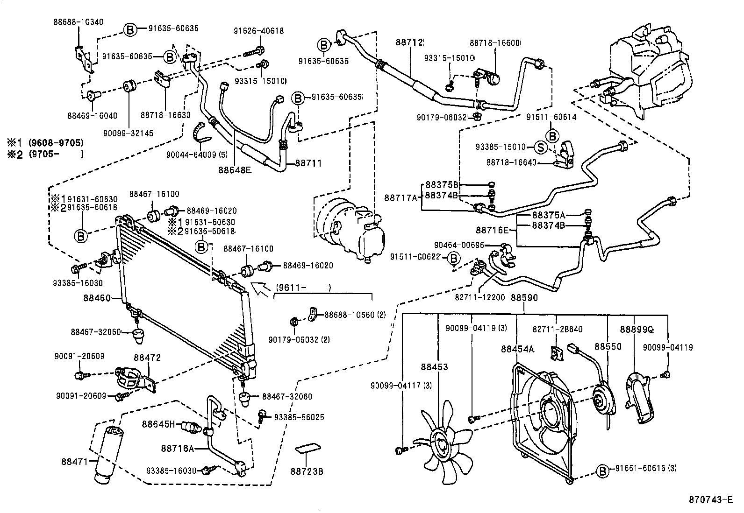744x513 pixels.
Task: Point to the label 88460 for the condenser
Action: click(97, 297)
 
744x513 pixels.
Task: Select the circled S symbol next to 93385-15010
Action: click(540, 147)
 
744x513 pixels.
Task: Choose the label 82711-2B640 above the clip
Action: click(558, 330)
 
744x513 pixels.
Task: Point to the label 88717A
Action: click(401, 198)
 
